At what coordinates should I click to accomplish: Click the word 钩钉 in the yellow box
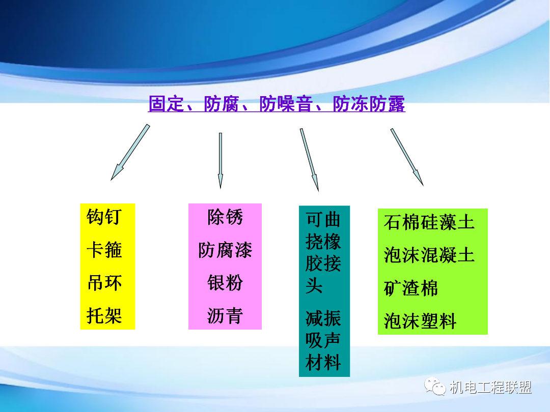tap(104, 217)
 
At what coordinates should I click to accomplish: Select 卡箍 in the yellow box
tap(104, 250)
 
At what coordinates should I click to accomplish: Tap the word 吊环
tap(104, 283)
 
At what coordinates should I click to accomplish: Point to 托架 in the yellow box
tap(104, 316)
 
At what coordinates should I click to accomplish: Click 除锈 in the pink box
tap(225, 217)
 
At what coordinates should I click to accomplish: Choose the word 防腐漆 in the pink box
tap(225, 250)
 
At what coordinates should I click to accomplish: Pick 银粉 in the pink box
tap(225, 283)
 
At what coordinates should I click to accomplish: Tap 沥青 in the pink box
tap(225, 316)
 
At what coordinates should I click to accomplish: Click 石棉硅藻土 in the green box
tap(429, 222)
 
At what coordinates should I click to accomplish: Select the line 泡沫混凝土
tap(429, 255)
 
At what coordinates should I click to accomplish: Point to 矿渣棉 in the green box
tap(410, 288)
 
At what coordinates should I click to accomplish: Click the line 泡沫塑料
tap(420, 321)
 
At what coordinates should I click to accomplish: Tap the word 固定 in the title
tap(165, 104)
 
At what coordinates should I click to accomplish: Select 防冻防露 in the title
tap(369, 104)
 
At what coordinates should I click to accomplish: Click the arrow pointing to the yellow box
tap(130, 152)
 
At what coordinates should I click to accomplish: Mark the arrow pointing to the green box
tap(406, 156)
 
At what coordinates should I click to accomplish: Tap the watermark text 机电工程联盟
tap(490, 388)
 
